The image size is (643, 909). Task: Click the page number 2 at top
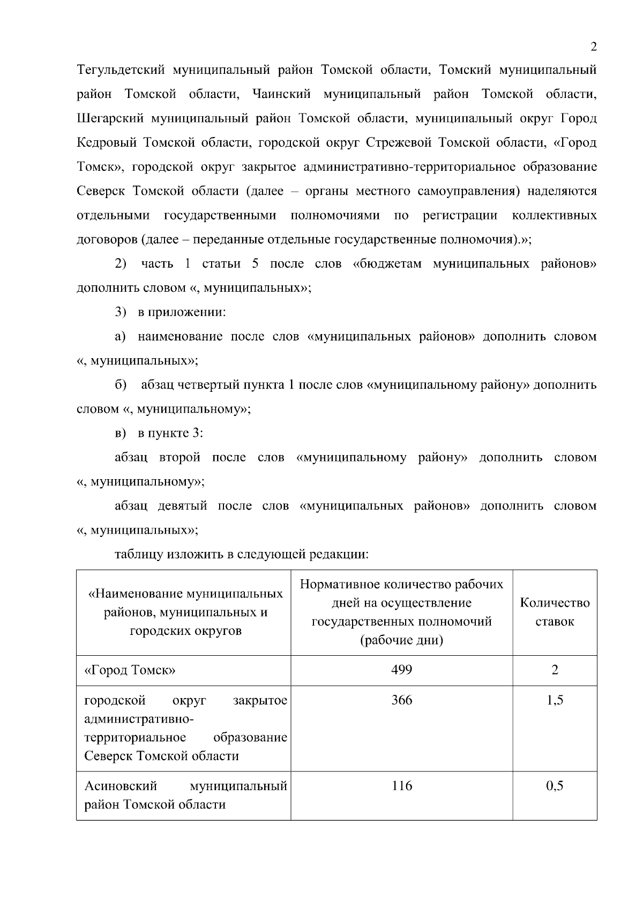593,46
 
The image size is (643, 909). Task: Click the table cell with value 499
401,669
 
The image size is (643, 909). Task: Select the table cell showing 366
401,700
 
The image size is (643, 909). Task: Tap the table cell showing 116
401,785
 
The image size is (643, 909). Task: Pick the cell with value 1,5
555,700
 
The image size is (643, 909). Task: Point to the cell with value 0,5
555,785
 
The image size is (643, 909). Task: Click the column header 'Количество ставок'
555,612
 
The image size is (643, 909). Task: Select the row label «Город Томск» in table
130,670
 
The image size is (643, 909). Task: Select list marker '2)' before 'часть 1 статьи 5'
121,263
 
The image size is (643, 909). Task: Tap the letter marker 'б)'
121,384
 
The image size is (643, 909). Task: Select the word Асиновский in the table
121,785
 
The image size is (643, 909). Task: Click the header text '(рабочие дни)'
401,640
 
